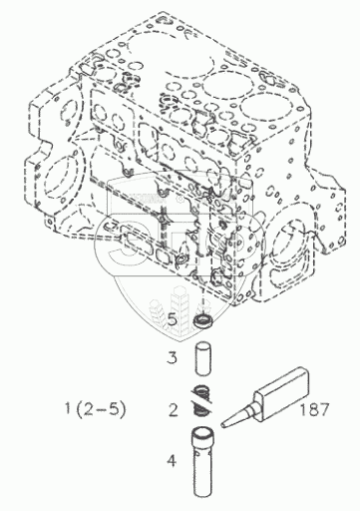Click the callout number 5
173,319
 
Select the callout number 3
173,358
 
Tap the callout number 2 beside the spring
174,410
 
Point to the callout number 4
172,461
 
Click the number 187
314,409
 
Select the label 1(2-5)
96,409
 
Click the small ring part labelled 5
202,321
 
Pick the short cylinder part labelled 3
202,359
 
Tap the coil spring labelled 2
202,400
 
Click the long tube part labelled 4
202,465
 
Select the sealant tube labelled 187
265,398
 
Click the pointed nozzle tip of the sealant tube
222,425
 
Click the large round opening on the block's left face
62,177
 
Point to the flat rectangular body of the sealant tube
281,391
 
